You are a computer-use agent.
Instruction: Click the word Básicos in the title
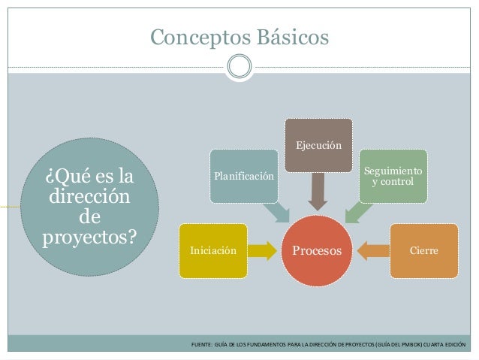pyautogui.click(x=291, y=35)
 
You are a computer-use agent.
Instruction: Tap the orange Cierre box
pyautogui.click(x=423, y=250)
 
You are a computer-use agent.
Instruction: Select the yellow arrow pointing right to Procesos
pyautogui.click(x=261, y=250)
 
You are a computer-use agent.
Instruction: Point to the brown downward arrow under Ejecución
pyautogui.click(x=318, y=190)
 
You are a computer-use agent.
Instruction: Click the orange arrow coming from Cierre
pyautogui.click(x=375, y=250)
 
